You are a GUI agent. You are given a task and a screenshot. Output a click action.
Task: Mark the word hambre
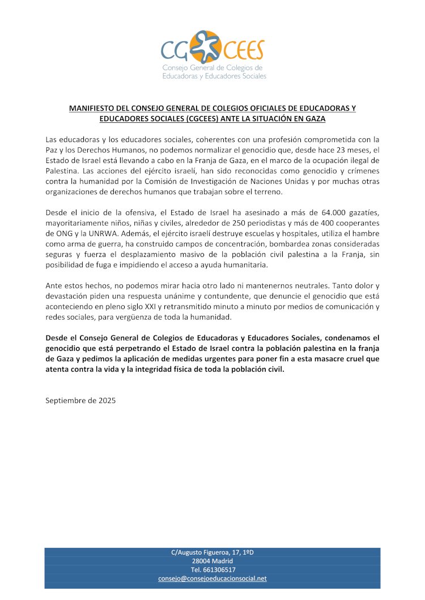coord(366,233)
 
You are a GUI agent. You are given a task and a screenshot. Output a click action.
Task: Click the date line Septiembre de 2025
coord(80,400)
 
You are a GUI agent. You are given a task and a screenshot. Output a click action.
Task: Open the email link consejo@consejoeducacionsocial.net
coord(212,578)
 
